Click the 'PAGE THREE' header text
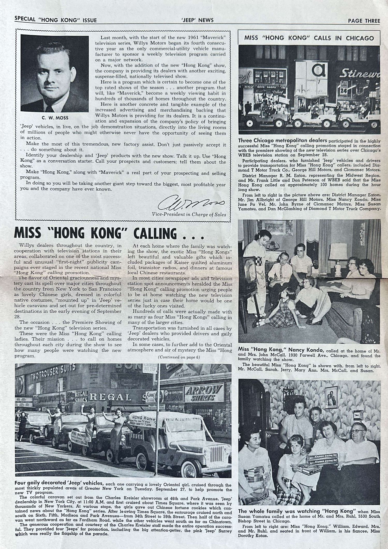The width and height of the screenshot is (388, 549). [x=364, y=21]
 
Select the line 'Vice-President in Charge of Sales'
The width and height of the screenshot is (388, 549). [x=189, y=214]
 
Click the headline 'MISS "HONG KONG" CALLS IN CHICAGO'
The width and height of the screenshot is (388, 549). [x=309, y=38]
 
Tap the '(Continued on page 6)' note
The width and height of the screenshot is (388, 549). [x=179, y=357]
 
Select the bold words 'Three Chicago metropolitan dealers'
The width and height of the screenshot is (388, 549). [x=282, y=141]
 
